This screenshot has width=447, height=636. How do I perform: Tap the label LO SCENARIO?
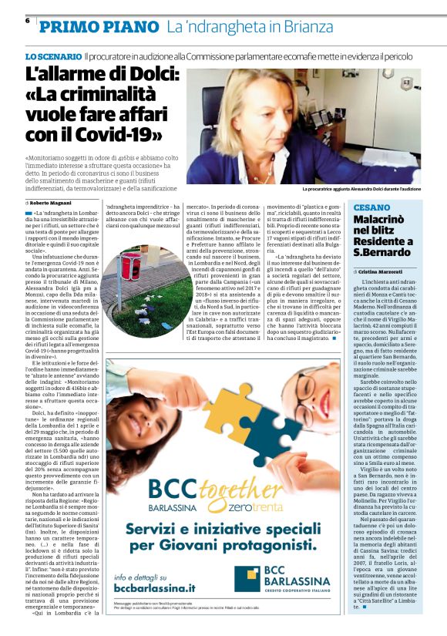point(52,58)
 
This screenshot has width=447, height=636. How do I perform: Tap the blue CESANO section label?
point(371,208)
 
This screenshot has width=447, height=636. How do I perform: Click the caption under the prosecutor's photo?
point(361,189)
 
